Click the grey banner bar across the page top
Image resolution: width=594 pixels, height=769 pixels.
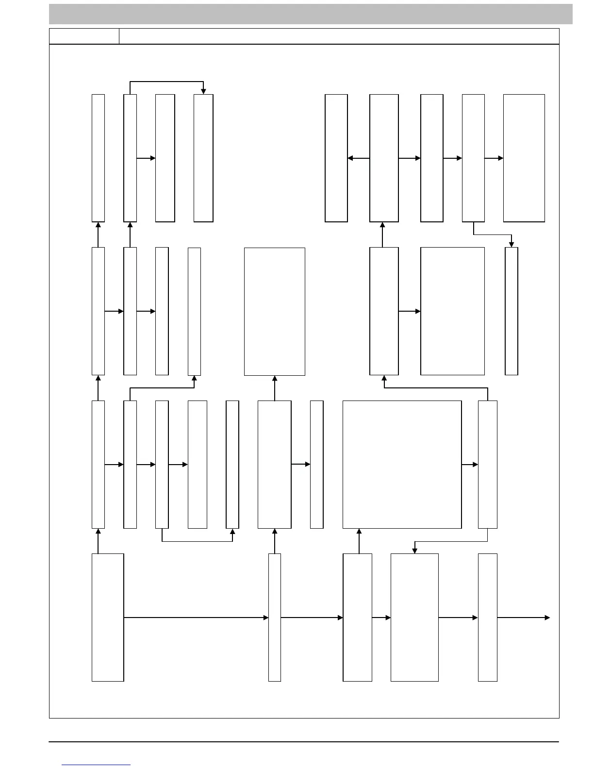click(311, 14)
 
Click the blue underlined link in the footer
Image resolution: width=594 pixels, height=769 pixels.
click(96, 765)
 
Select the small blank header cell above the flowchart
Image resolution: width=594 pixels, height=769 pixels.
click(84, 36)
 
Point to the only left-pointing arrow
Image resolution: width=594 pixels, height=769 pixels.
click(359, 158)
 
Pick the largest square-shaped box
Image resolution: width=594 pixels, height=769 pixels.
click(402, 464)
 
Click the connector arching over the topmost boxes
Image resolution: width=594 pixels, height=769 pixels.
click(166, 82)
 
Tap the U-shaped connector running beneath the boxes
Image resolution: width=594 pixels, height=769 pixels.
click(197, 541)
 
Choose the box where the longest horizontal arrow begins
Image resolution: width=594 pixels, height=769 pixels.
click(108, 618)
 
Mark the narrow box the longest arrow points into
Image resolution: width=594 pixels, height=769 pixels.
click(275, 618)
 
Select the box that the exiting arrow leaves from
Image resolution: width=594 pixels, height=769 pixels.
click(487, 618)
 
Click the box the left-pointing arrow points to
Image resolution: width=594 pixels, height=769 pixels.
click(336, 158)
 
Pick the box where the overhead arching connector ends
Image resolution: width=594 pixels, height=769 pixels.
click(203, 158)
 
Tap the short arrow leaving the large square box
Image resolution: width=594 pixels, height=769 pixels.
click(469, 465)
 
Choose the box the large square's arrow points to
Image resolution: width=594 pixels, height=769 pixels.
click(487, 464)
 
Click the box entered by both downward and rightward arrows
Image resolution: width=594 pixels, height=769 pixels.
click(414, 618)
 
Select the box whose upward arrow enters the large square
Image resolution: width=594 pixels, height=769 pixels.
click(357, 618)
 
